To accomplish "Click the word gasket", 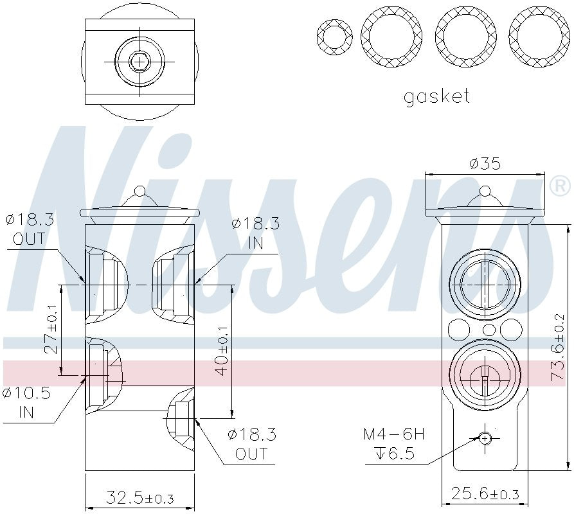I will click(x=436, y=97).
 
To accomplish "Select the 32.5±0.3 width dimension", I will click(x=139, y=498).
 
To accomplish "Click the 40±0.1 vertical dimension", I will click(x=222, y=350).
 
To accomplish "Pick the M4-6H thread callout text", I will click(x=393, y=434).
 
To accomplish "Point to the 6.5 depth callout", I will click(x=394, y=455).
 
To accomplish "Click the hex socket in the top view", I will click(x=139, y=62).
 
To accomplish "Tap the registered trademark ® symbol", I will click(x=559, y=187).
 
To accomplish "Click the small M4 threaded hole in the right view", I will click(x=485, y=438).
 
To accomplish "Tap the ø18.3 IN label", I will click(x=255, y=233).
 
